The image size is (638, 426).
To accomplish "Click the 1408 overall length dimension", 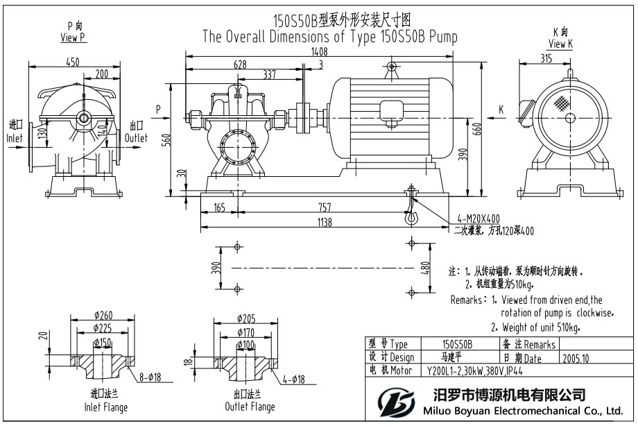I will coord(320,51).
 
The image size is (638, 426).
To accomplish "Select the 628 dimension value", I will coord(241,65).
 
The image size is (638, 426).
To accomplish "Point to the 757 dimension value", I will coord(323,207).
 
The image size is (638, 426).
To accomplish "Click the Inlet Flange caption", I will coord(105,407).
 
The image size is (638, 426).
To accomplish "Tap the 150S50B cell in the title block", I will coord(457,344).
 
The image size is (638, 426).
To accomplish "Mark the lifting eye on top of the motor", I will coord(391,67).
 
